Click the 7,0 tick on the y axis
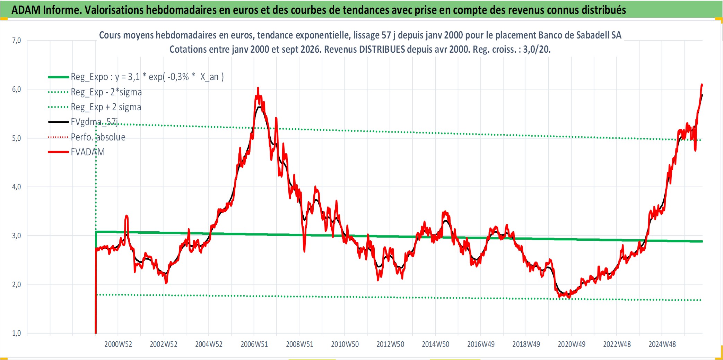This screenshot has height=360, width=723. point(16,41)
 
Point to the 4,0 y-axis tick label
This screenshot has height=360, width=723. point(16,187)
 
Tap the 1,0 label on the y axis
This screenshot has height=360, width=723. point(16,333)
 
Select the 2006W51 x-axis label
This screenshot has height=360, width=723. point(254,344)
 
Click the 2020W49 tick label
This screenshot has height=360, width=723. point(571,344)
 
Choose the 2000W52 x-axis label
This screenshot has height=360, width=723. point(118,344)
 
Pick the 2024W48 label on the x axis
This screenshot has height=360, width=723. point(662,344)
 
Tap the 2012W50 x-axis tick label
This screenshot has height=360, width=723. point(390,344)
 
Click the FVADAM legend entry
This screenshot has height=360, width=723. point(77,152)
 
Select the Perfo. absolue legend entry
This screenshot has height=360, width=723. point(87,137)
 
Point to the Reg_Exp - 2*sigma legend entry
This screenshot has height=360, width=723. point(95,92)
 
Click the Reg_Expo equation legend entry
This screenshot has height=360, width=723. point(136,77)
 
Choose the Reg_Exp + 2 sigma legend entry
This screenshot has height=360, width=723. point(95,107)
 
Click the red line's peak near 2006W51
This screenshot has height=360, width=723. point(258,88)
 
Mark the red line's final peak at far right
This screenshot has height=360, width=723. point(702,84)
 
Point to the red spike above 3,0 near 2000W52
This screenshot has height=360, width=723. point(127,216)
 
